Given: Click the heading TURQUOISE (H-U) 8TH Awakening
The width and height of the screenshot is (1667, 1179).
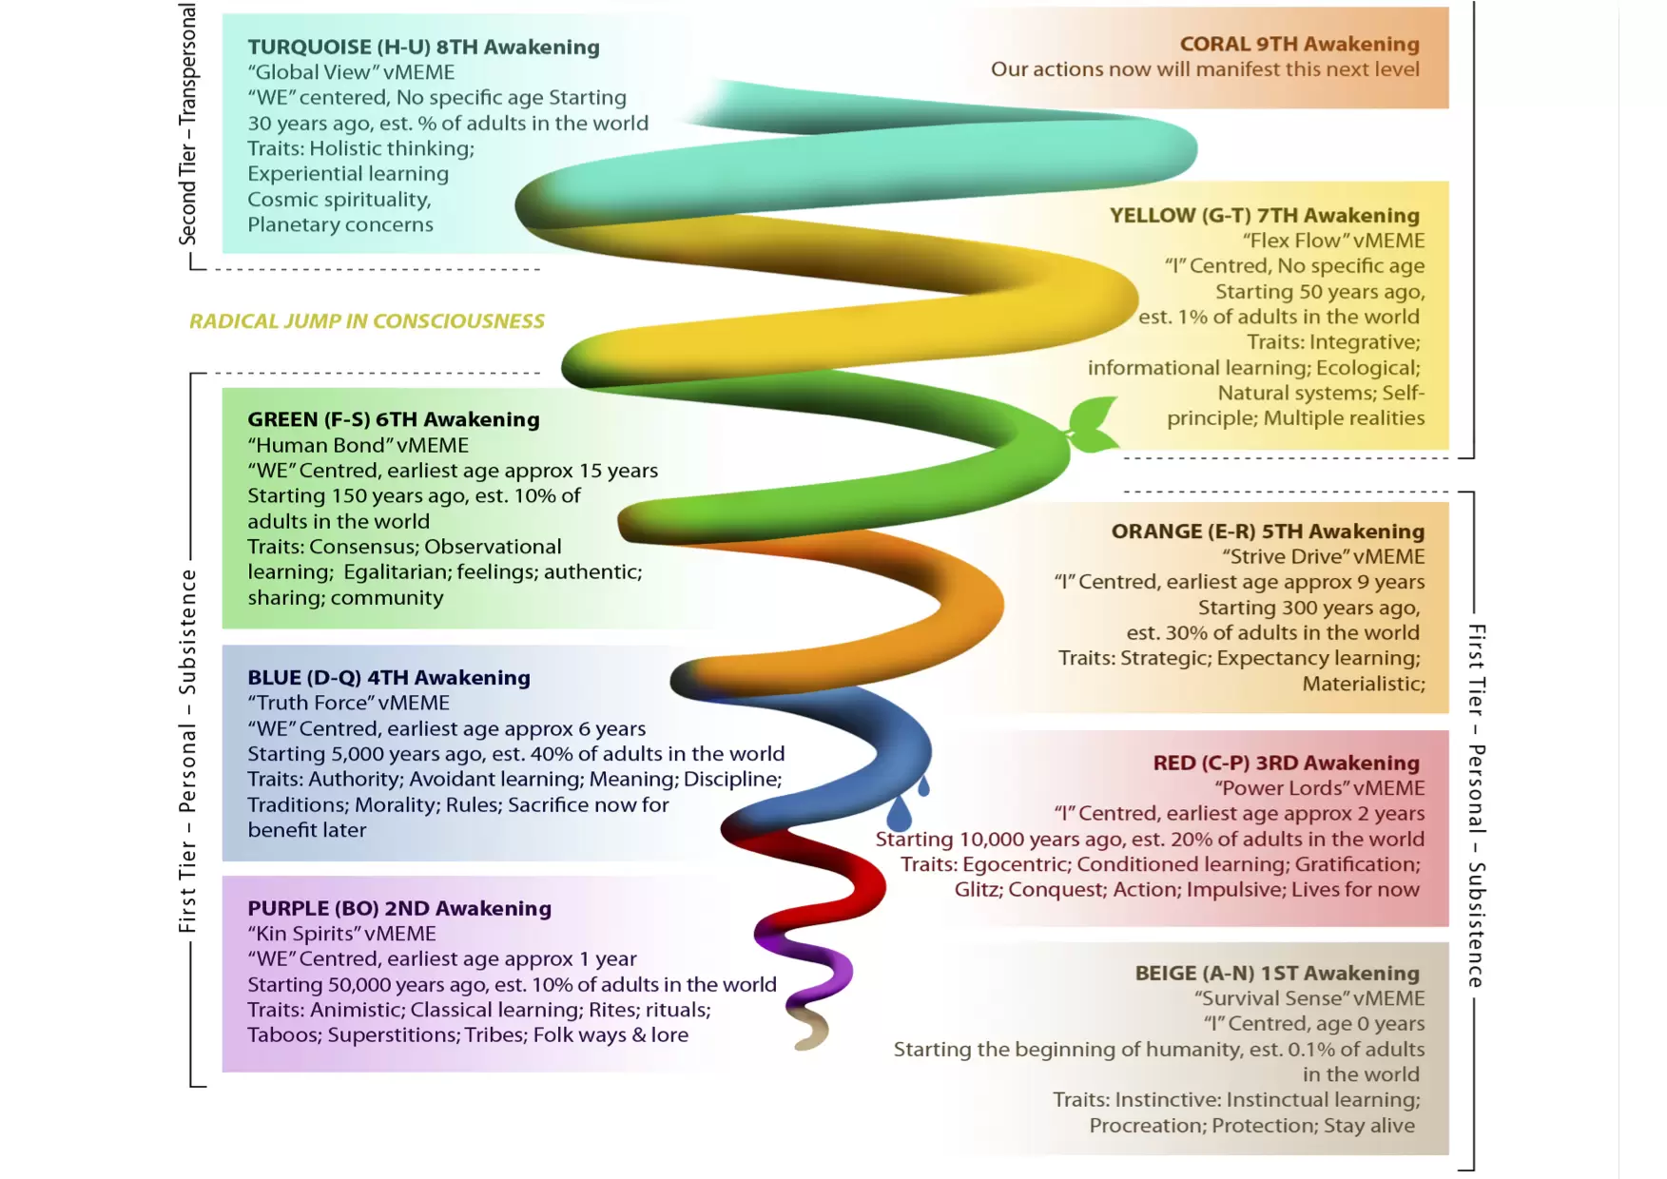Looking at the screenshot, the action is (423, 47).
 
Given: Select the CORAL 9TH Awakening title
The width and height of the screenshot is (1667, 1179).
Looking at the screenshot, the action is (1299, 44).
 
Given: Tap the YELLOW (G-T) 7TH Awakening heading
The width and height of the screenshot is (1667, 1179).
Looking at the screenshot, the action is (1264, 215).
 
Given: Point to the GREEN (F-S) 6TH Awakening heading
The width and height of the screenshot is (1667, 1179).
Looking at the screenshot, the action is (393, 419).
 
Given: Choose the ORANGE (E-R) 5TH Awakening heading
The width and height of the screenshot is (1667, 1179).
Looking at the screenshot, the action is (1268, 531).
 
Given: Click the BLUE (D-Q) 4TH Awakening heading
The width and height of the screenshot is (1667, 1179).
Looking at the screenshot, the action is (388, 677).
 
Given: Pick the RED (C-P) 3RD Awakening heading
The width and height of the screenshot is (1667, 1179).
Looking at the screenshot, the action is (1286, 763).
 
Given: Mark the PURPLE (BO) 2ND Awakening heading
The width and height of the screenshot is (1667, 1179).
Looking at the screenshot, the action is (399, 908).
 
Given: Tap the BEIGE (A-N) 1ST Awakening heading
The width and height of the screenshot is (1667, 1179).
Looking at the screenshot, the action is (1276, 973).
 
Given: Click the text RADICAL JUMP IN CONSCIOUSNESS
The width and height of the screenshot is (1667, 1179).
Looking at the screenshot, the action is (367, 321).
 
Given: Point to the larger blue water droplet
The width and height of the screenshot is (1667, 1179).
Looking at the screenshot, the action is (899, 813).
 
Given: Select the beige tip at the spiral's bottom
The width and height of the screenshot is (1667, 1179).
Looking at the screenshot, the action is (810, 1030).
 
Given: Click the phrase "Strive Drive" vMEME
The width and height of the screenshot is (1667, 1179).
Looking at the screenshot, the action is (1324, 556).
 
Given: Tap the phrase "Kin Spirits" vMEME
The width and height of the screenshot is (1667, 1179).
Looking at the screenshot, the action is (341, 934).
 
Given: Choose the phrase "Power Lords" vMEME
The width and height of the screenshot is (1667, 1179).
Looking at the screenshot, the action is (1319, 787).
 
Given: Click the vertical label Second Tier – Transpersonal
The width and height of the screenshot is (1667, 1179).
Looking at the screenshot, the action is (188, 125).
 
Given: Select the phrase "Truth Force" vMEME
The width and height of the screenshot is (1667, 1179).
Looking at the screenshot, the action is (348, 703).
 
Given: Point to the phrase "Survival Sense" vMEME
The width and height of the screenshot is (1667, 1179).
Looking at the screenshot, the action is (1309, 998).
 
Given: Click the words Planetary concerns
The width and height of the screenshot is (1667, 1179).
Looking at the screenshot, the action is (340, 224).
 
